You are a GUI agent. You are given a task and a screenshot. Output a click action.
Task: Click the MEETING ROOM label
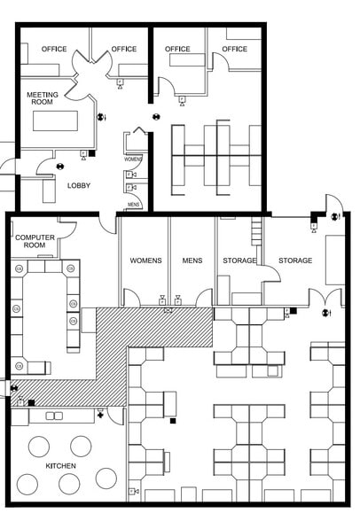[x=43, y=98]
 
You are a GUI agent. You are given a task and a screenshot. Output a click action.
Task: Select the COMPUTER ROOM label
[x=35, y=242]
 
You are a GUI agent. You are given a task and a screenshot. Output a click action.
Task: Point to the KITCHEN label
[x=61, y=466]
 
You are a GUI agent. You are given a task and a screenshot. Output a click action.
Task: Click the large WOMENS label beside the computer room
[x=145, y=260]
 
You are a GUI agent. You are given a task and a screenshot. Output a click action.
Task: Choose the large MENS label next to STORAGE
[x=192, y=260]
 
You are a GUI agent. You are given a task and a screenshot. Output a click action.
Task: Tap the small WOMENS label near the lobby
[x=134, y=159]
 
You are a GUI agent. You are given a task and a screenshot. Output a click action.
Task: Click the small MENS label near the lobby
[x=134, y=205]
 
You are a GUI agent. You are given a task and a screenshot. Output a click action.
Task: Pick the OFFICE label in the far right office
[x=235, y=49]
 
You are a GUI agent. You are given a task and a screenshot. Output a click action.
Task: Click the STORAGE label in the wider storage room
[x=295, y=260]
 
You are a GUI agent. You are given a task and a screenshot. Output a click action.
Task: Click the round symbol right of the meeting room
[x=101, y=116]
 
